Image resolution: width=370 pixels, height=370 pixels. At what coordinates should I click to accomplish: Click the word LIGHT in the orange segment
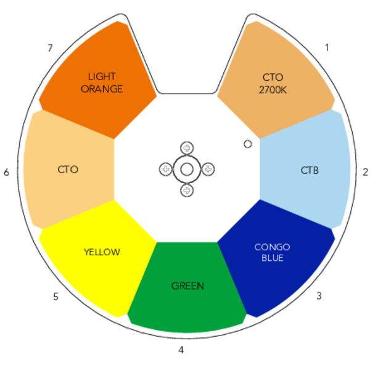102,77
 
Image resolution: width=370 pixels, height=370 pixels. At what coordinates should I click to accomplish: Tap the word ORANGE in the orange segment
102,89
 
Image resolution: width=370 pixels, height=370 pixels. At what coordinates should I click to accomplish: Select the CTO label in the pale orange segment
68,170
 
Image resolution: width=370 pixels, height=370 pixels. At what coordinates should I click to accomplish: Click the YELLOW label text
102,252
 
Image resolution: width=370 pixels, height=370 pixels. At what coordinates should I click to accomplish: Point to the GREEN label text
187,286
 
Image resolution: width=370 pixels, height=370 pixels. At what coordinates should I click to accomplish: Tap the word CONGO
272,247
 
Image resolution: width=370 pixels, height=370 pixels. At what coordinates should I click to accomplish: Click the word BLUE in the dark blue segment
272,258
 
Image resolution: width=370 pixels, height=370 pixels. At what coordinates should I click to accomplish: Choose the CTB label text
310,170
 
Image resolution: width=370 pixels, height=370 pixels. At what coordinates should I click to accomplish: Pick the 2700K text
273,89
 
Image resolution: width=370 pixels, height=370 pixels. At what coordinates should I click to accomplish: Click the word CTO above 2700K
273,78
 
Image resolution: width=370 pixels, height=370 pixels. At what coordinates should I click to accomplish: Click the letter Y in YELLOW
86,252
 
